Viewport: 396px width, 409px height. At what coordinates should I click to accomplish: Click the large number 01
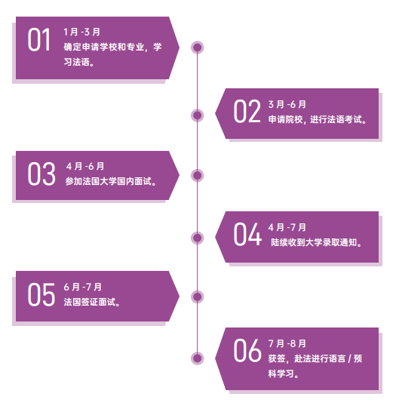coord(38,40)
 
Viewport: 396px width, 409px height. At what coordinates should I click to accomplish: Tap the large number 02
coord(247,111)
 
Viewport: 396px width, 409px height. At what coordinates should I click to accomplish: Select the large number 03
coord(41,174)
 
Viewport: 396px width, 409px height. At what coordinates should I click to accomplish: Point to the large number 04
coord(247,234)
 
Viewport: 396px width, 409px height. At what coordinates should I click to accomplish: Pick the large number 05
coord(41,294)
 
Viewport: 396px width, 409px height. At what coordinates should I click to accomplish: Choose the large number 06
coord(247,350)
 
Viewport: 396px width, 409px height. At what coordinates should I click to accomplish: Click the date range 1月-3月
coord(82,32)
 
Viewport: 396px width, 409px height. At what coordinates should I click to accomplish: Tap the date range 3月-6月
coord(287,104)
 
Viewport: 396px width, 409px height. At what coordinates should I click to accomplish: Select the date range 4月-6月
coord(85,166)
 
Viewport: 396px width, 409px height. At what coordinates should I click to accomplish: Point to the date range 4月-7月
coord(287,227)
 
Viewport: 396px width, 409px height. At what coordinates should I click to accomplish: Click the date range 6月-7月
coord(83,287)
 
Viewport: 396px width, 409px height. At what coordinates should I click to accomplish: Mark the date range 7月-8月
coord(287,343)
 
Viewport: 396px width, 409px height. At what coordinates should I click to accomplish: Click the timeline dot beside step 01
coord(198,48)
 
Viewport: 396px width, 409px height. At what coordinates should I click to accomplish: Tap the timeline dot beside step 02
coord(198,115)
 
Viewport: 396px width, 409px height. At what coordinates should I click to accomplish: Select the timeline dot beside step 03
coord(198,175)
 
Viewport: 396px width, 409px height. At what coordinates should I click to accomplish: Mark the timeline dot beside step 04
coord(198,238)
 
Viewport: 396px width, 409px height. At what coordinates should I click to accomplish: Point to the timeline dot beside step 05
coord(198,297)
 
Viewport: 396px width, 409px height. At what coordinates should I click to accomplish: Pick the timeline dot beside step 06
coord(198,358)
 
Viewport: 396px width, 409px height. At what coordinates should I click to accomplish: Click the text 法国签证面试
coord(90,302)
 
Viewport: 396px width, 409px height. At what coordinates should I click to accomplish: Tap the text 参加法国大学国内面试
coord(108,181)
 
